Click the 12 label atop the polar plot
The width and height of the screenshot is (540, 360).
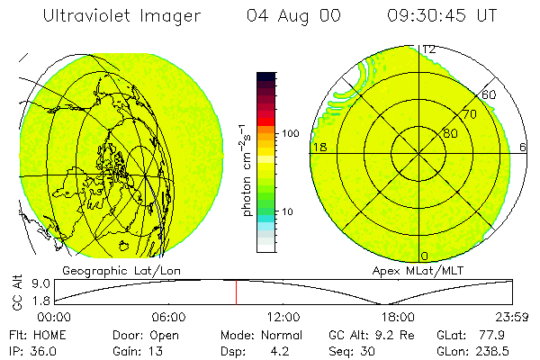(430, 49)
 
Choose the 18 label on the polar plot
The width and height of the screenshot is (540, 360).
(318, 146)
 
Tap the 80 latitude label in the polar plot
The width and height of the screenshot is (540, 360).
(450, 133)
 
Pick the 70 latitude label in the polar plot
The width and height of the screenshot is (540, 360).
(469, 114)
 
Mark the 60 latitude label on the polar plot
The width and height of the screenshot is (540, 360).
(489, 94)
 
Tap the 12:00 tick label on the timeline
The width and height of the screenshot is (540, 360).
(284, 316)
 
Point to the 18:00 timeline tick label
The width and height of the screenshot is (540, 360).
(398, 316)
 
